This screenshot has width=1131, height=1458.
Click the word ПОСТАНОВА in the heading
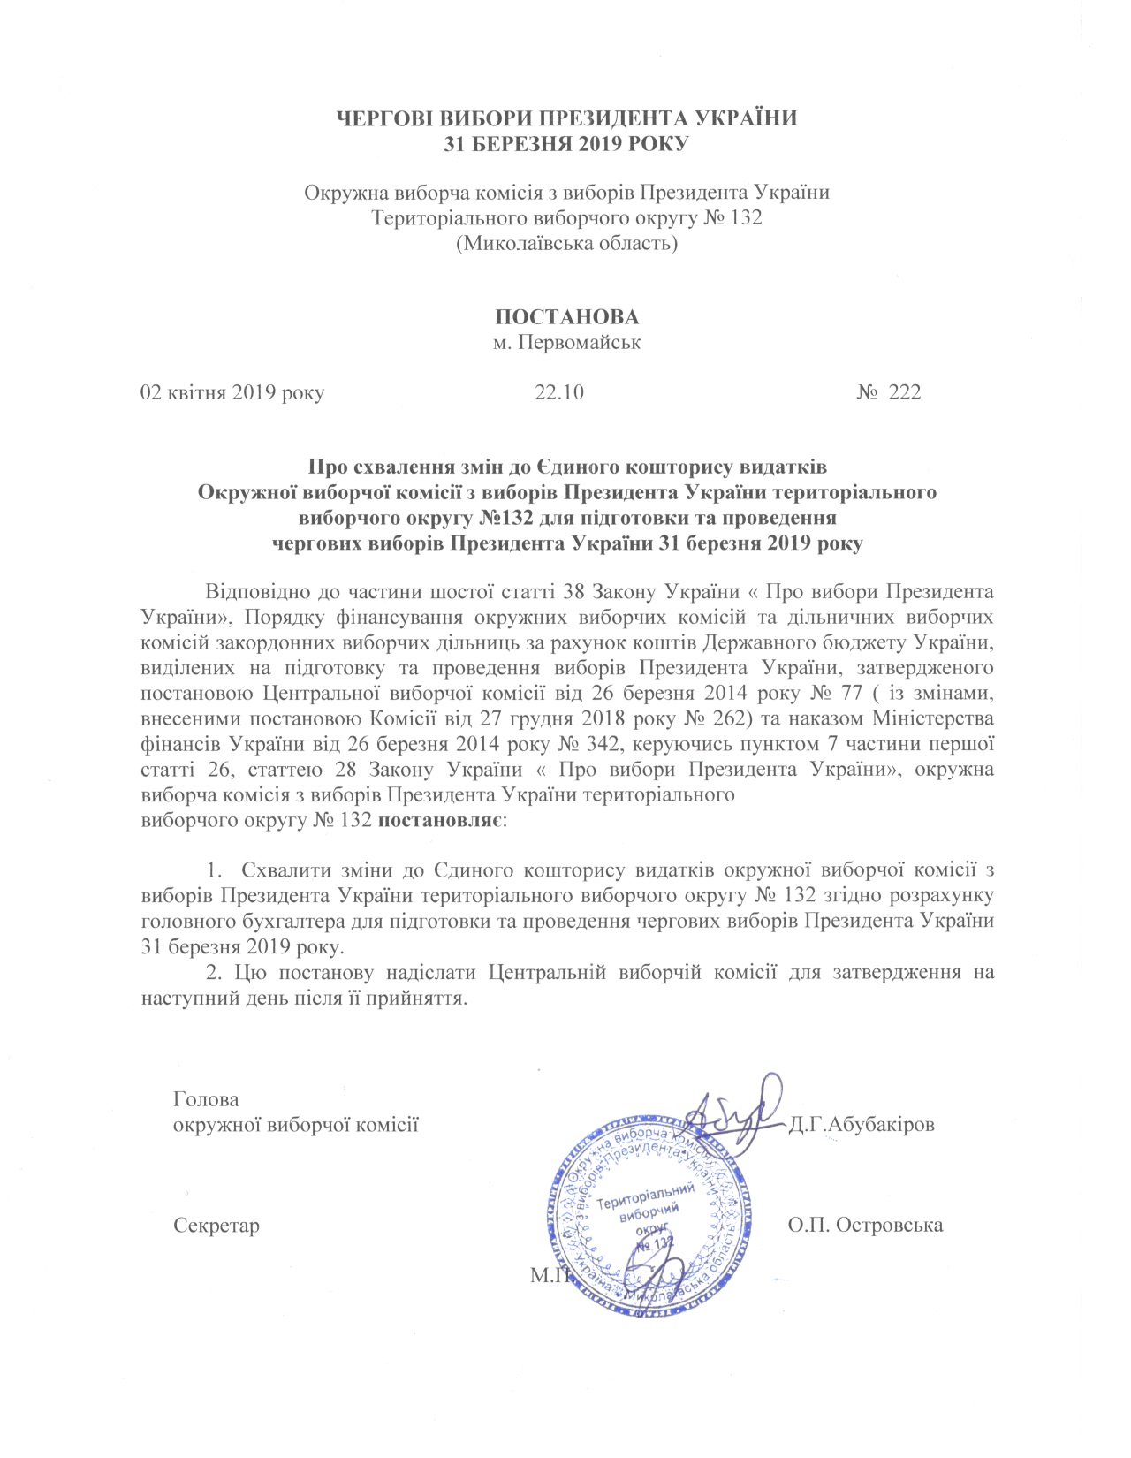click(566, 317)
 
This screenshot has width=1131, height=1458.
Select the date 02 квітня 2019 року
click(233, 392)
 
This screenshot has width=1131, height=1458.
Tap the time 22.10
click(558, 392)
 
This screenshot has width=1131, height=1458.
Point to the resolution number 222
click(904, 392)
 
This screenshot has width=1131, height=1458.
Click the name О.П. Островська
click(864, 1225)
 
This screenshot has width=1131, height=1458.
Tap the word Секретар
click(217, 1226)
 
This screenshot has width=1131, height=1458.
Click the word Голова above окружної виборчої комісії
click(207, 1101)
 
